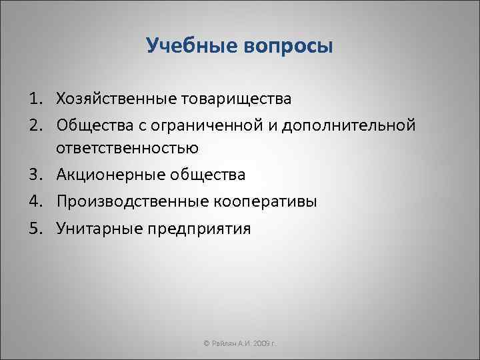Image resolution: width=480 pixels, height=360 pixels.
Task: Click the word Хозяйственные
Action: click(x=117, y=99)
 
